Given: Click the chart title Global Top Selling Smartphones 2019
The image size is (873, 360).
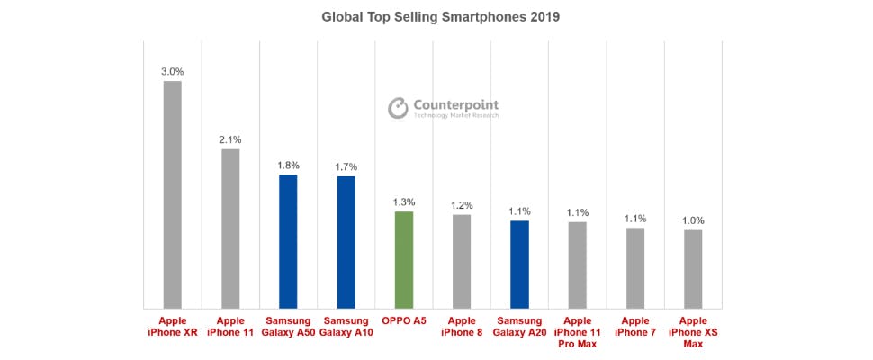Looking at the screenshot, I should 435,16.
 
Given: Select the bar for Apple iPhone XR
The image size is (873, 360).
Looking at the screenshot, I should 172,194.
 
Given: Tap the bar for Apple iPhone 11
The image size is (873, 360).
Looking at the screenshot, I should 230,229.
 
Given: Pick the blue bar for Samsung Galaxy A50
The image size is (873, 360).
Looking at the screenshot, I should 288,241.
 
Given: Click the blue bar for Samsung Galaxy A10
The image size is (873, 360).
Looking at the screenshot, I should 346,242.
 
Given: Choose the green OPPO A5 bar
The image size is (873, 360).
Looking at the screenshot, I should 404,260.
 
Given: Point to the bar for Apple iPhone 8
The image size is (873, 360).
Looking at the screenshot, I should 462,262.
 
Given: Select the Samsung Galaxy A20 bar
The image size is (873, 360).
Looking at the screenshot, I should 519,265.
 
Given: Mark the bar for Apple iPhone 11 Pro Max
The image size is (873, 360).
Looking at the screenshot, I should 577,265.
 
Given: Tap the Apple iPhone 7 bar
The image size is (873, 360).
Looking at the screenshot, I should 635,268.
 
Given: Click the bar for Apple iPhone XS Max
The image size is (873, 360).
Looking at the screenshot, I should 693,269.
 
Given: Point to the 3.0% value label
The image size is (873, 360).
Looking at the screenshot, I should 172,71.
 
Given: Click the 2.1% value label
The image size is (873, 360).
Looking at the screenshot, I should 230,139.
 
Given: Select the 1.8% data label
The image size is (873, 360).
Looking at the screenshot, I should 288,166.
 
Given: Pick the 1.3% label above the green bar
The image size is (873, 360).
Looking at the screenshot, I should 404,202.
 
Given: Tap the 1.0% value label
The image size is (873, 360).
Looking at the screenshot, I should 693,220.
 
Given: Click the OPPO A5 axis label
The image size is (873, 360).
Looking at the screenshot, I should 404,320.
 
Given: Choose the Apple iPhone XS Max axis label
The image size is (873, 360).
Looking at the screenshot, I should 693,332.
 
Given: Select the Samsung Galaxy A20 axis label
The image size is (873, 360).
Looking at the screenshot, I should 519,327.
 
